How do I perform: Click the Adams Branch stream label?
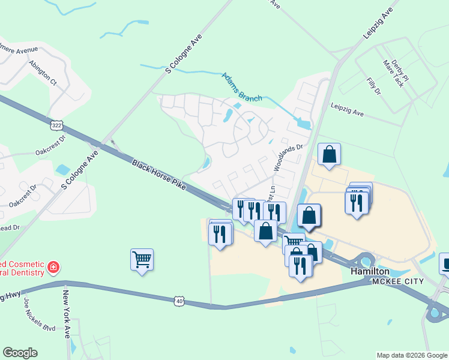point(243,86)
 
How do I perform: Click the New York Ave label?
point(67,313)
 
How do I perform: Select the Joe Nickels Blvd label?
point(40,317)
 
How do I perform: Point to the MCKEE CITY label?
point(398,281)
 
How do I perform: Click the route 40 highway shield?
point(179,301)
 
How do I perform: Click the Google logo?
point(20,353)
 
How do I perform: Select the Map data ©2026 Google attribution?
point(411,355)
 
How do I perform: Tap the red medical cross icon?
point(53,266)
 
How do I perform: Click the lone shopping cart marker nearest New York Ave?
point(142,260)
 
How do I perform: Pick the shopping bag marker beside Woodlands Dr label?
point(330,155)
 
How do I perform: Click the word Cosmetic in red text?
point(25,264)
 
